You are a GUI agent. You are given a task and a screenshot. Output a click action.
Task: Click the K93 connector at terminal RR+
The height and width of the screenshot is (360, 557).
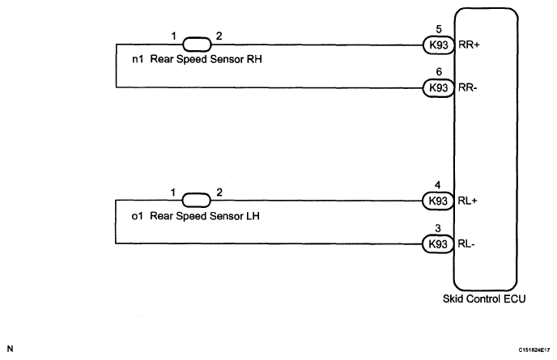pos(439,45)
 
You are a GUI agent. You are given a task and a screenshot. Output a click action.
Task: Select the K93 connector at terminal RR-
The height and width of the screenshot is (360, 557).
pos(438,87)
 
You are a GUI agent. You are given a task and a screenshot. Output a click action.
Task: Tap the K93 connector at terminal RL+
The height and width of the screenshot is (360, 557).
pos(438,201)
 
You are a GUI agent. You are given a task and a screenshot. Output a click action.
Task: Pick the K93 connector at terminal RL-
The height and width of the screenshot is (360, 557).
pos(438,244)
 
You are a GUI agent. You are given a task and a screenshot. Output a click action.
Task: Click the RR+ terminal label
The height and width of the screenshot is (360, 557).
pos(469,44)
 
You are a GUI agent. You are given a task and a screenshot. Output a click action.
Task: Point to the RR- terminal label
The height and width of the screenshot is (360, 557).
pos(467,87)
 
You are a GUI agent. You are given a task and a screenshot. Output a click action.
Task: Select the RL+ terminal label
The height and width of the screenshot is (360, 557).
pos(467,201)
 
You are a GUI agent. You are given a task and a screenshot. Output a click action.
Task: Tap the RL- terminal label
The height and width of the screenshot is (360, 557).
pos(466,244)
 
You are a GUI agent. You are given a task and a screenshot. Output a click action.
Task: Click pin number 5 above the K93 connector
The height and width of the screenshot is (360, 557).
pos(439,29)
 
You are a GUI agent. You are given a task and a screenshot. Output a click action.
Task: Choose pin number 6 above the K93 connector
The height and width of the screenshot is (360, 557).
pos(439,72)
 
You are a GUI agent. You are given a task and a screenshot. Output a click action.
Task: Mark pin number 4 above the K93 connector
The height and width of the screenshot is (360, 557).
pos(438,185)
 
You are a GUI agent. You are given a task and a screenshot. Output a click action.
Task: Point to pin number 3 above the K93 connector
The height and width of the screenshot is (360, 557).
pos(438,228)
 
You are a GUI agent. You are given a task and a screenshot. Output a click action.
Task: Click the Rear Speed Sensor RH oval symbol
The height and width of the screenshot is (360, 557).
pos(197,44)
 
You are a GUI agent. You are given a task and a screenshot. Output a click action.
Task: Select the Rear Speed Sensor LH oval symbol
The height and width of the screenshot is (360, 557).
pos(197,201)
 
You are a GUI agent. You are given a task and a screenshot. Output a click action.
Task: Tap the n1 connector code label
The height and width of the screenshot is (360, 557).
pos(138,59)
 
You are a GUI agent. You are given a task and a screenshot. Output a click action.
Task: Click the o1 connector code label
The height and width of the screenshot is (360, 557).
pos(137,216)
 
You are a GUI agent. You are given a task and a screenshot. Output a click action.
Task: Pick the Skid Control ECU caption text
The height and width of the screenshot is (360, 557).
pos(484,299)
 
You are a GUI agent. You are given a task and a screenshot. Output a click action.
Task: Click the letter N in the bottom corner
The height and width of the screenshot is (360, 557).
pos(10,349)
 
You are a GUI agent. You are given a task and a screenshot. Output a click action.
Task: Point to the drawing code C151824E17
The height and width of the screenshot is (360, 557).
pos(534,350)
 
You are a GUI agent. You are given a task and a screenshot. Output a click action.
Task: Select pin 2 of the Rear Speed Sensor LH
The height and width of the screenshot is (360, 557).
pos(219,193)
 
